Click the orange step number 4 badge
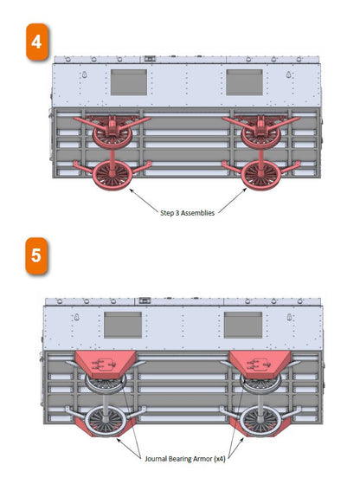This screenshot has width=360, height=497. pyautogui.click(x=37, y=42)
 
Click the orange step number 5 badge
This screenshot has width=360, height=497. pyautogui.click(x=36, y=255)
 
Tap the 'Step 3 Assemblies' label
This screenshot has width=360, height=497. pyautogui.click(x=187, y=213)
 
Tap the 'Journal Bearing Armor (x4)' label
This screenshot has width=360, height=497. pyautogui.click(x=185, y=459)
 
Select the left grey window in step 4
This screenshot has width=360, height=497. pyautogui.click(x=129, y=82)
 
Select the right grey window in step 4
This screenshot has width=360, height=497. pyautogui.click(x=244, y=82)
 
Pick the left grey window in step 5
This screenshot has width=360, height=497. pyautogui.click(x=123, y=325)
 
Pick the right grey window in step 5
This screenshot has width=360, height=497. pyautogui.click(x=243, y=325)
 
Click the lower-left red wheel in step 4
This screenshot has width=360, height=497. pyautogui.click(x=112, y=175)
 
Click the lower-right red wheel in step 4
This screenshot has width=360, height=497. pyautogui.click(x=260, y=175)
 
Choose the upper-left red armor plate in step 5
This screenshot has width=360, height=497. pyautogui.click(x=106, y=365)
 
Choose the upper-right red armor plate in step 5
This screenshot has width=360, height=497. pyautogui.click(x=260, y=365)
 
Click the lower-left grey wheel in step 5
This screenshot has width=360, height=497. pyautogui.click(x=106, y=421)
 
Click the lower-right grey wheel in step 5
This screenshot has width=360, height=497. pyautogui.click(x=260, y=421)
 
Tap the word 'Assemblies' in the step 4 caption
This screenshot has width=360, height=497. pyautogui.click(x=198, y=213)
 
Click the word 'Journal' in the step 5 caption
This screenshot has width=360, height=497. pyautogui.click(x=156, y=459)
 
